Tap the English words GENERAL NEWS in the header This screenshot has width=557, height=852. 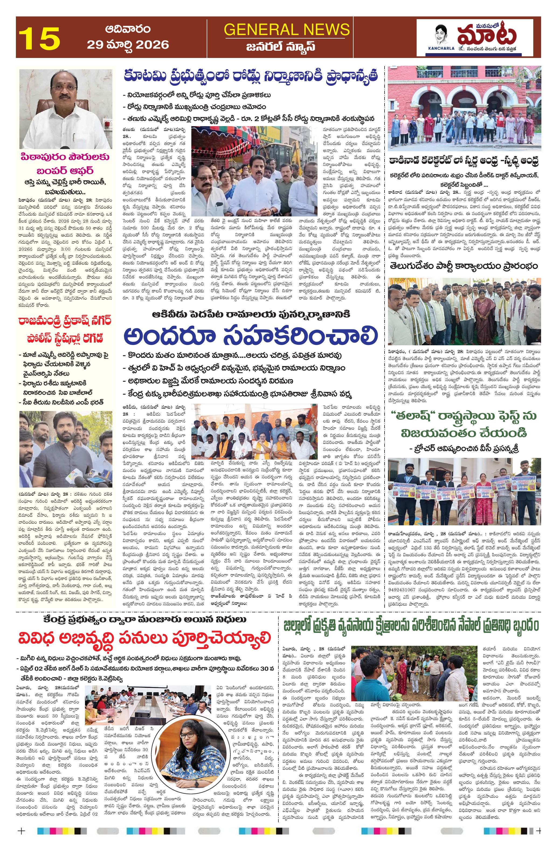coord(286,29)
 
